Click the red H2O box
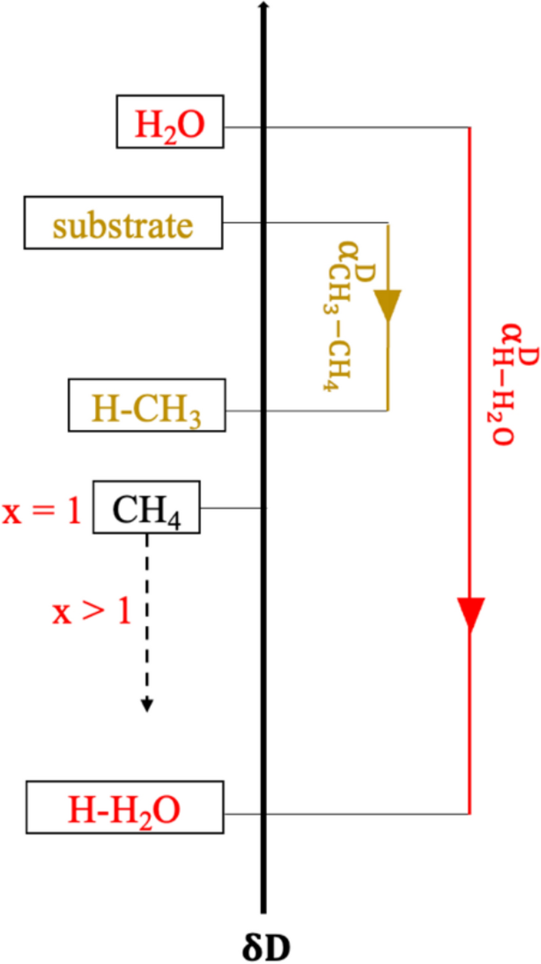click(x=170, y=122)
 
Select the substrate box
click(x=123, y=223)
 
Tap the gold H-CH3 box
click(x=147, y=405)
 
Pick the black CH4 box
click(x=146, y=507)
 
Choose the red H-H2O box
click(x=125, y=807)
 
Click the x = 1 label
click(x=42, y=512)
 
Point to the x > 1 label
click(x=91, y=613)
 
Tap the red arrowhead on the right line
click(x=471, y=614)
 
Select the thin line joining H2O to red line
click(x=371, y=128)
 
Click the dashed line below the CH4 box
click(x=146, y=617)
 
